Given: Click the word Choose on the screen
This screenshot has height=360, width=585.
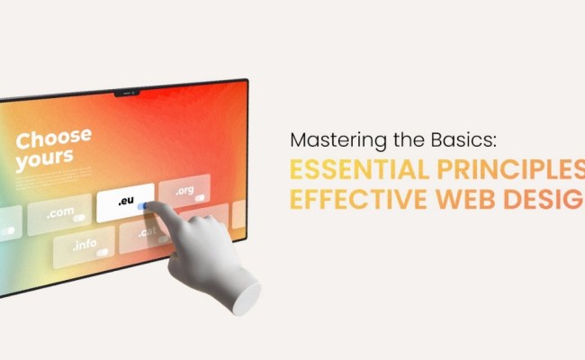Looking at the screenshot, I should click(54, 139).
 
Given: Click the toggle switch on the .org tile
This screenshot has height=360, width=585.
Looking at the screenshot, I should click(199, 197).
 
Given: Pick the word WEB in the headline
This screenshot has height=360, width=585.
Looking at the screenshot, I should click(467, 200).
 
